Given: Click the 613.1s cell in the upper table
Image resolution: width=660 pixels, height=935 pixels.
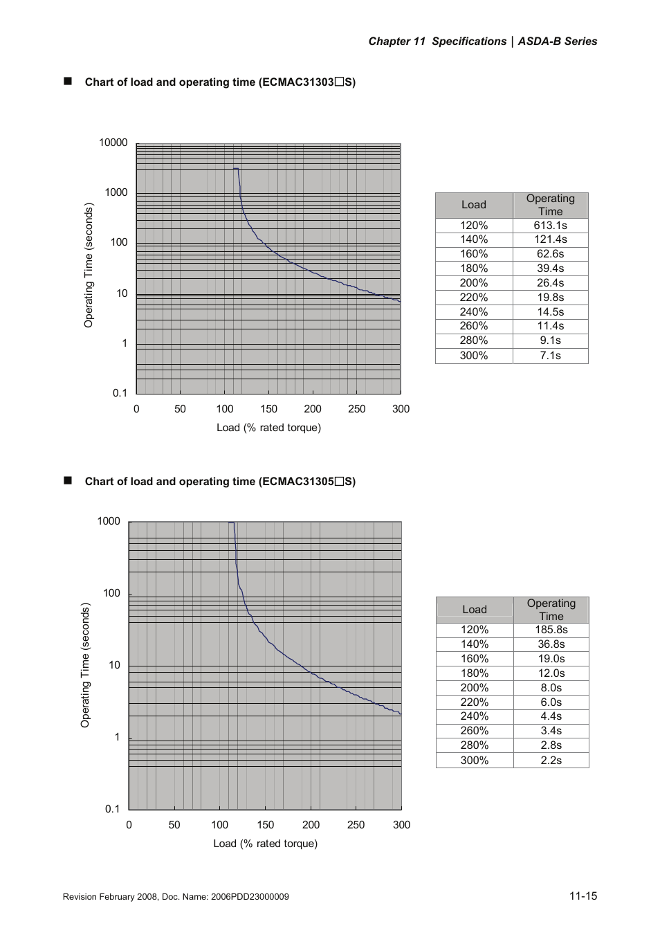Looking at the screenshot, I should point(550,225).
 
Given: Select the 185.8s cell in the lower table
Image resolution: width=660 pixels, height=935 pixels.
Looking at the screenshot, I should point(551,630).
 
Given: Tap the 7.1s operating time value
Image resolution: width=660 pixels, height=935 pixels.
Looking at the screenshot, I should point(550,356).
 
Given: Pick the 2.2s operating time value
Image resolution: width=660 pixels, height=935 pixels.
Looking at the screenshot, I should point(551,760).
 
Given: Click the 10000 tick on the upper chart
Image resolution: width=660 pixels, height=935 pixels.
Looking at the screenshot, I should point(113,143).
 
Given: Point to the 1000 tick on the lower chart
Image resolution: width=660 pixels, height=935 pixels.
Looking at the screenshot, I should point(109,521).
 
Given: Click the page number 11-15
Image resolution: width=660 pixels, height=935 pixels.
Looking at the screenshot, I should point(583,896).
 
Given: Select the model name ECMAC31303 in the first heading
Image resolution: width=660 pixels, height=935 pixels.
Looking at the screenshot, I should point(297,82).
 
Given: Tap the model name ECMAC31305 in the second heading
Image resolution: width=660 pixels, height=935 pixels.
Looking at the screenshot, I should point(297,482).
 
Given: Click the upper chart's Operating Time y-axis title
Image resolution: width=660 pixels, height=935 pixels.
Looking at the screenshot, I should point(89,265).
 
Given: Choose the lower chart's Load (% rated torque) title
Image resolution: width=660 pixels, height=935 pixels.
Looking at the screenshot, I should point(265,844).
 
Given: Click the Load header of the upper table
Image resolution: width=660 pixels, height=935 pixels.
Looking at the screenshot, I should point(474,205).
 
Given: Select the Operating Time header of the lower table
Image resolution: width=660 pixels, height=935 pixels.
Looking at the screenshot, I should point(551,610).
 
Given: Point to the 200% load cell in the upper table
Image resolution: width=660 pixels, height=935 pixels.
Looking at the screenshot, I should point(474,283).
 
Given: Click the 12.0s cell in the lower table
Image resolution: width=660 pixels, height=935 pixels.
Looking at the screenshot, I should point(551,673).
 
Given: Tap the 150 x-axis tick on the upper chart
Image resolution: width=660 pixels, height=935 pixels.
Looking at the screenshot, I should point(268,409).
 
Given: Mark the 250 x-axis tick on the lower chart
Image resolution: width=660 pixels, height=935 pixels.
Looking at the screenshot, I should point(356,825).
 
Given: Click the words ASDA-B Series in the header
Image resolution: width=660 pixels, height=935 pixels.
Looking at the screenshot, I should point(557,42).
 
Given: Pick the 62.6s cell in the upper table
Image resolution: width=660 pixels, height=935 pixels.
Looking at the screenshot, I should point(550,254).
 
